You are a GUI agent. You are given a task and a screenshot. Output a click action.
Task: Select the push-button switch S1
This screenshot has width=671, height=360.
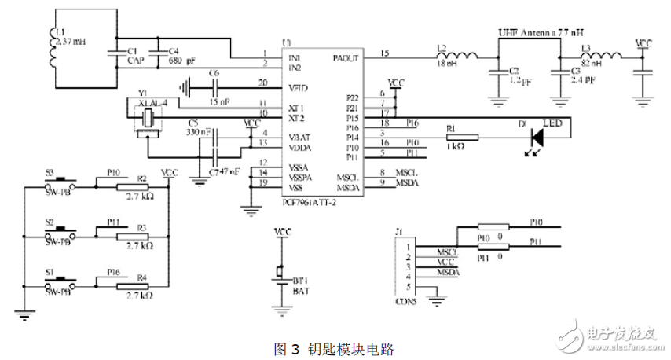[x=60, y=281]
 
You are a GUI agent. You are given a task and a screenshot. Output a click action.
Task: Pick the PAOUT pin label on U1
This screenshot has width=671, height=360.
[x=346, y=57]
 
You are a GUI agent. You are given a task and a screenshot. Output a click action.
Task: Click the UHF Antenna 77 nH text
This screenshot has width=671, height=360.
[x=543, y=34]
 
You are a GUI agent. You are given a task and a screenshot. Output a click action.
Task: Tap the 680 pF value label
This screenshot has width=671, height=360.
[x=180, y=60]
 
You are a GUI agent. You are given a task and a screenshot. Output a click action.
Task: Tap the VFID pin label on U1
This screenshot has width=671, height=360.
[x=298, y=88]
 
